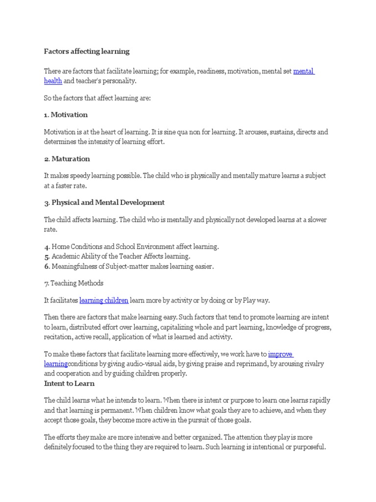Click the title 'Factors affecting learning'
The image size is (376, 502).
click(x=87, y=51)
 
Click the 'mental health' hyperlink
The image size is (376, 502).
click(x=304, y=72)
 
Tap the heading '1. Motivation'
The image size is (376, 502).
click(x=66, y=115)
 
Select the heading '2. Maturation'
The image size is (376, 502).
click(x=67, y=159)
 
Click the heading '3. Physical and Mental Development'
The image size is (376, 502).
click(x=104, y=202)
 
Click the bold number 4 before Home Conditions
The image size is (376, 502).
click(x=47, y=247)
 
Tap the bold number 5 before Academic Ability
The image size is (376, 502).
click(x=47, y=256)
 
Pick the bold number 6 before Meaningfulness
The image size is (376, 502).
click(x=47, y=267)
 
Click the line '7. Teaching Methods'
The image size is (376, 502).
click(x=73, y=283)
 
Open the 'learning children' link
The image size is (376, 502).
click(x=104, y=300)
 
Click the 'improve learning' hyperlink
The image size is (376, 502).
click(x=281, y=354)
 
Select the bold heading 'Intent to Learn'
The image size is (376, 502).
click(x=69, y=383)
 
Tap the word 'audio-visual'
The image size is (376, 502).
click(x=149, y=364)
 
